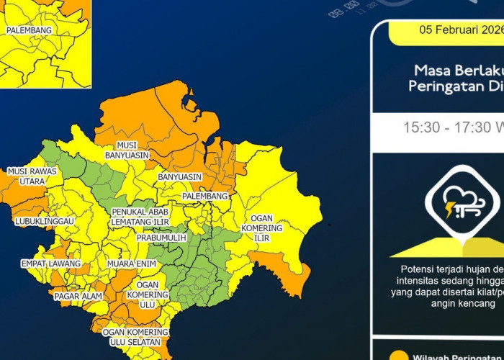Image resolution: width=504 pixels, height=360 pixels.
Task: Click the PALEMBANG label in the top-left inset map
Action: (29, 31)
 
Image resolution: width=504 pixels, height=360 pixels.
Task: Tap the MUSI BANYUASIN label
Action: (127, 150)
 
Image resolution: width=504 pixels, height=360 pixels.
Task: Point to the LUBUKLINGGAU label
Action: (45, 221)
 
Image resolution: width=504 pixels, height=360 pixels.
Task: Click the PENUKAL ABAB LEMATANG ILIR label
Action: (141, 217)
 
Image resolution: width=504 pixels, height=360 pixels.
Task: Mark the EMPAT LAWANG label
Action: (40, 264)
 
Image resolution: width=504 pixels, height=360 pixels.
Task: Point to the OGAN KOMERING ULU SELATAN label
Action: (135, 336)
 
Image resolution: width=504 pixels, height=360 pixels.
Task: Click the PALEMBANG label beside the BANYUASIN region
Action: (204, 196)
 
